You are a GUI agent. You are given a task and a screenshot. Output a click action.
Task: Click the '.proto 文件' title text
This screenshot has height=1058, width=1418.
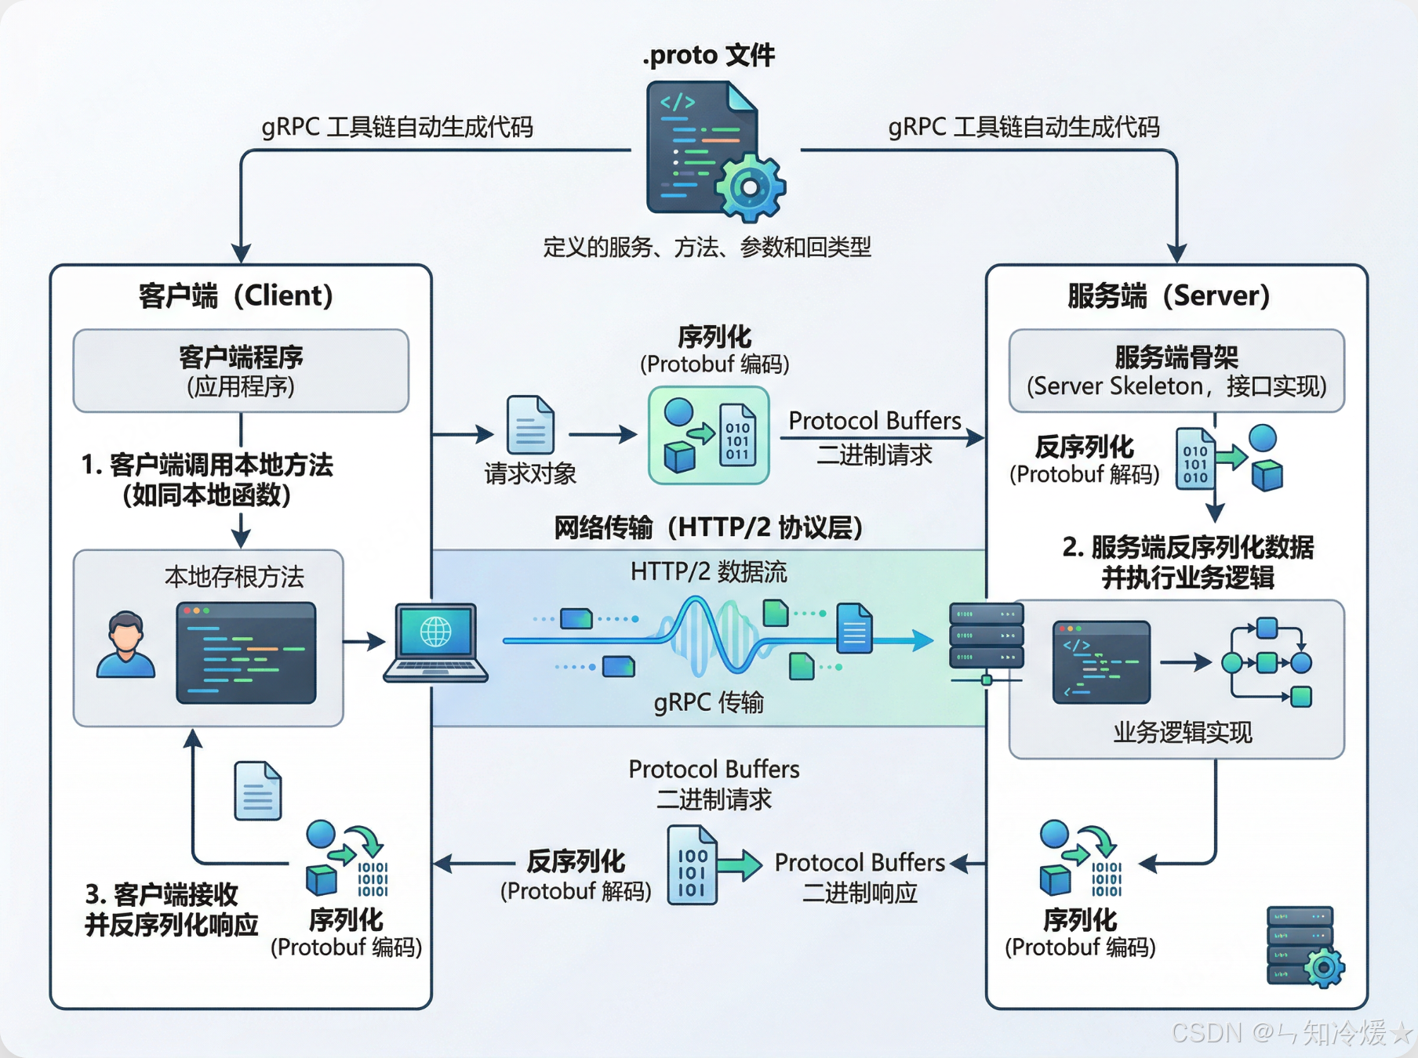click(708, 55)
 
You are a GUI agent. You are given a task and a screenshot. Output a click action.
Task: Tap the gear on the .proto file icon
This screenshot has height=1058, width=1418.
click(750, 187)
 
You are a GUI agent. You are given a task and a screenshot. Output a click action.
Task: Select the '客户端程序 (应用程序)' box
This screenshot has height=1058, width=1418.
click(241, 371)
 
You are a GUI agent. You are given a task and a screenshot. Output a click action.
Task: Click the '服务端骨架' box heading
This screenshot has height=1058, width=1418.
click(1176, 357)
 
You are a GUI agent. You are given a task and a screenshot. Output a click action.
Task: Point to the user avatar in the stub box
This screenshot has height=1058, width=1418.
click(125, 645)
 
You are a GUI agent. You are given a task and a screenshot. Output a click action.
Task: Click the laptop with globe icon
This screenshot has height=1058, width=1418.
click(436, 643)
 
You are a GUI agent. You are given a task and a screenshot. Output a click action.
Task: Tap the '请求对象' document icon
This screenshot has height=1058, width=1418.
click(530, 426)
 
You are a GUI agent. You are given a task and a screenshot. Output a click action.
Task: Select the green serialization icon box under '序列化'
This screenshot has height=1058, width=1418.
click(708, 436)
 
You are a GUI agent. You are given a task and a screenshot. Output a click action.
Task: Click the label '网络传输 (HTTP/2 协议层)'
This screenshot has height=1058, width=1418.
click(708, 527)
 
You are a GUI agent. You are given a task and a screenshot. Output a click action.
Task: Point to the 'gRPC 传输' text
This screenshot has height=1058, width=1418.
click(708, 702)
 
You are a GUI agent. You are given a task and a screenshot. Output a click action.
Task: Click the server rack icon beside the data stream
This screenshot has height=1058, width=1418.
click(986, 636)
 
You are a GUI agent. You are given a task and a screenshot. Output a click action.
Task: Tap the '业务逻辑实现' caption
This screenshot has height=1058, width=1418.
click(1183, 733)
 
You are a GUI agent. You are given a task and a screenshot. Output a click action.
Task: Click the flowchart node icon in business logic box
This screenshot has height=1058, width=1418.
click(1267, 663)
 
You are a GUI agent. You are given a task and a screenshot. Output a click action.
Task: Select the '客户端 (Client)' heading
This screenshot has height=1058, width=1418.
click(236, 296)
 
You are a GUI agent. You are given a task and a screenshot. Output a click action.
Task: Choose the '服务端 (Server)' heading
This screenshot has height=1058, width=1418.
click(1169, 296)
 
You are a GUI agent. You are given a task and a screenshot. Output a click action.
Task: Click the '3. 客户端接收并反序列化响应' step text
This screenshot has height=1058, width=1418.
click(171, 909)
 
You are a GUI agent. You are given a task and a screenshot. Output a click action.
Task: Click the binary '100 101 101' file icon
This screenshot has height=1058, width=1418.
click(692, 866)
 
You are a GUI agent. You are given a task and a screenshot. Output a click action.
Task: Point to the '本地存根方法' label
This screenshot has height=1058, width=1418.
click(234, 577)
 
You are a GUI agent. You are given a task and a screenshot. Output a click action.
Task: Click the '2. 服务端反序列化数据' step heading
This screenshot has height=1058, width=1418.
click(1187, 547)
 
